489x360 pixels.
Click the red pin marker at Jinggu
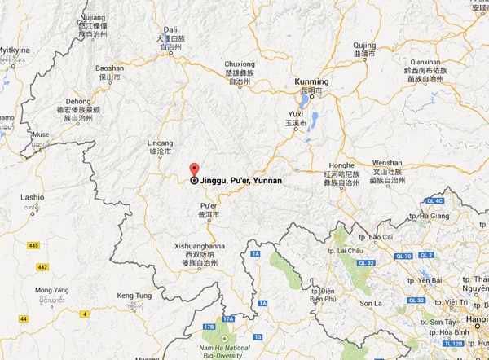[193, 169]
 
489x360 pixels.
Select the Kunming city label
[311, 82]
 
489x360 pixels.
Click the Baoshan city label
[110, 68]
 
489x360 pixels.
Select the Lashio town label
[32, 197]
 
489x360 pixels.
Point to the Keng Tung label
[135, 294]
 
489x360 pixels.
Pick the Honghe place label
[341, 164]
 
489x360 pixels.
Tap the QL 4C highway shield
[456, 200]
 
